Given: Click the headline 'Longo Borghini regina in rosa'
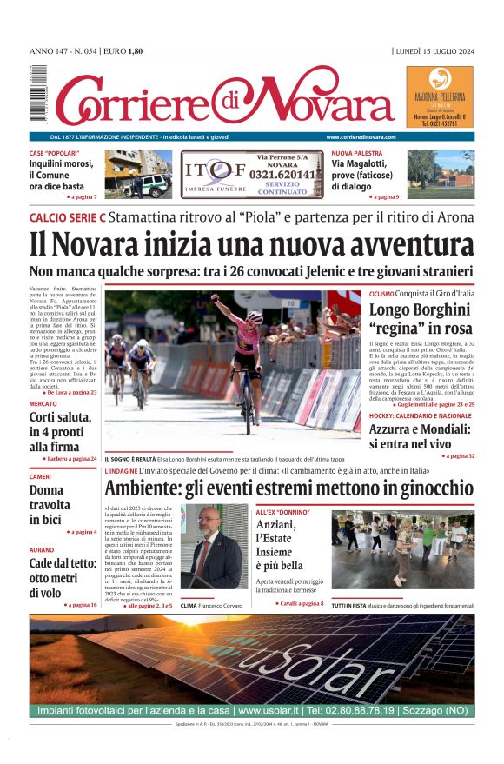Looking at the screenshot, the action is (x=421, y=319).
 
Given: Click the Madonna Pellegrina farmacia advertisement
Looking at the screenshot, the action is (x=439, y=98).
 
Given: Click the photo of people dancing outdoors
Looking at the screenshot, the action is (x=402, y=549).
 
